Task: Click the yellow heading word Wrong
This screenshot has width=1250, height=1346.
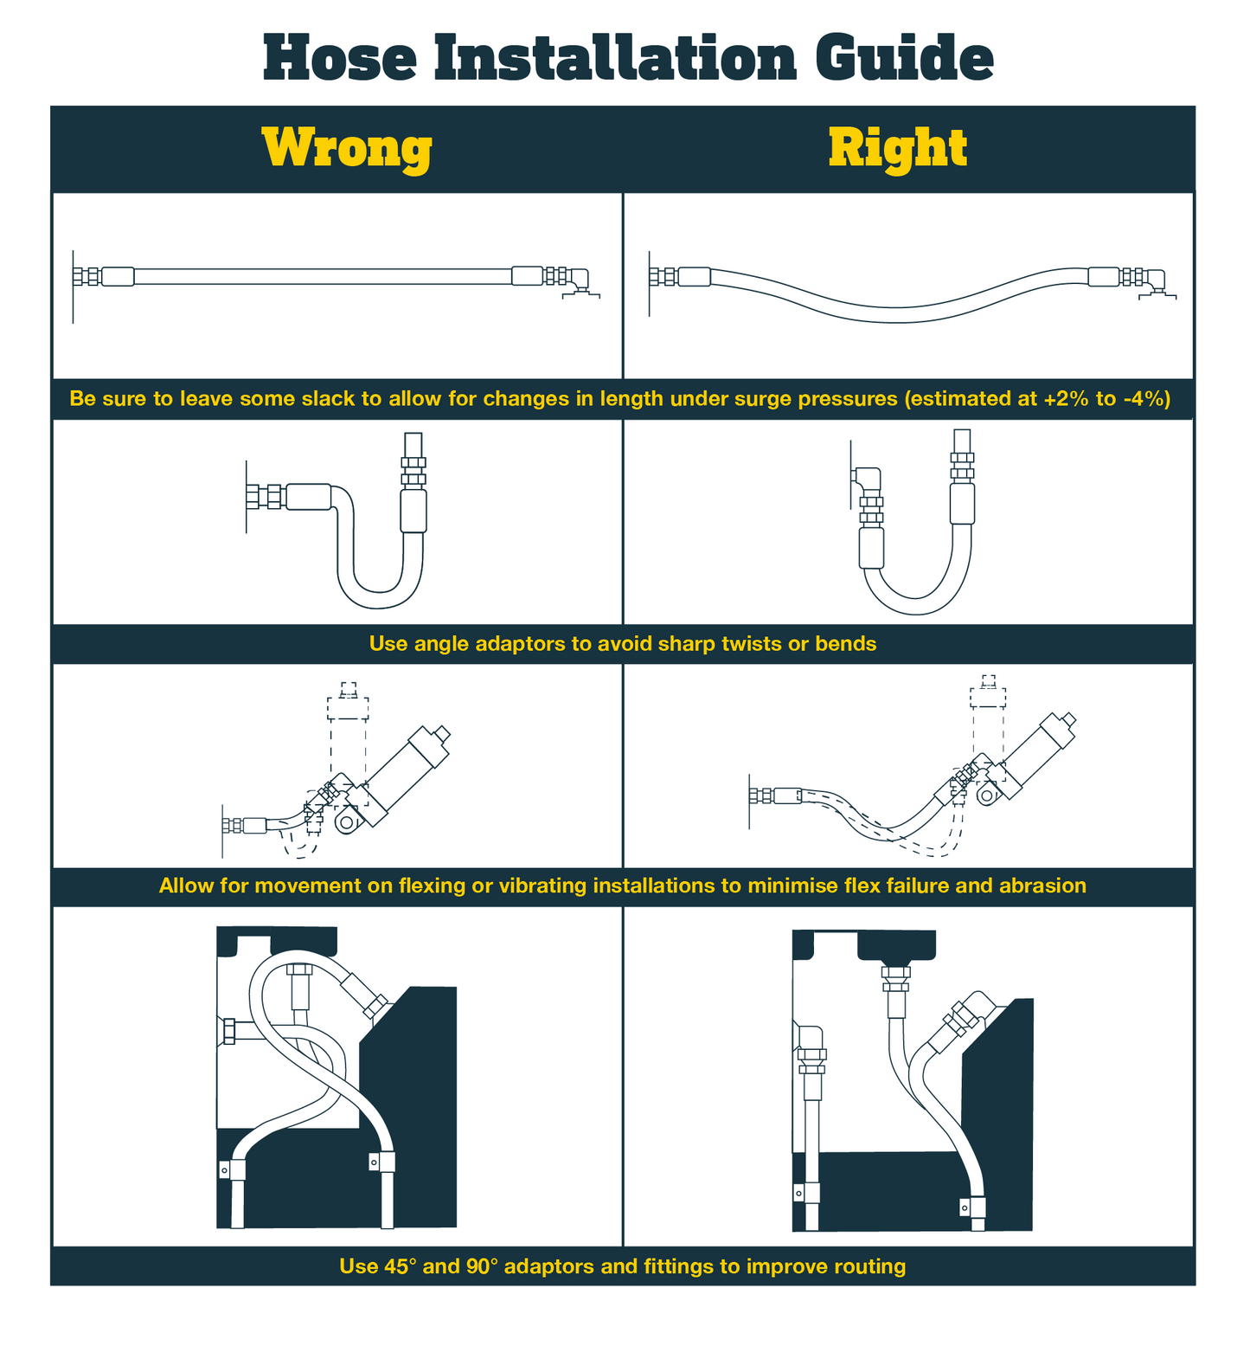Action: tap(347, 148)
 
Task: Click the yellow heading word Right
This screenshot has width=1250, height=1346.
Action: tap(897, 148)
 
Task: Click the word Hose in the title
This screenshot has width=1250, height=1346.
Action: tap(340, 58)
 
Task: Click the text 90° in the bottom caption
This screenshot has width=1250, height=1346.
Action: tap(482, 1266)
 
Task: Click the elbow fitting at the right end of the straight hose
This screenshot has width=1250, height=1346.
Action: tap(578, 280)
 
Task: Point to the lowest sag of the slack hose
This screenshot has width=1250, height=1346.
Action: tap(897, 314)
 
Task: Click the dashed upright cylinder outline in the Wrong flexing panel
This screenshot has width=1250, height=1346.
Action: tap(348, 744)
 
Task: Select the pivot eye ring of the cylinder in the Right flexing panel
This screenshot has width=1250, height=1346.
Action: tap(986, 795)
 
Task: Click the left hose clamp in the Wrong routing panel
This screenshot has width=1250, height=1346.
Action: tap(233, 1170)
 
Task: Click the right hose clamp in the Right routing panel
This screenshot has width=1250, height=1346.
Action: tap(973, 1206)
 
